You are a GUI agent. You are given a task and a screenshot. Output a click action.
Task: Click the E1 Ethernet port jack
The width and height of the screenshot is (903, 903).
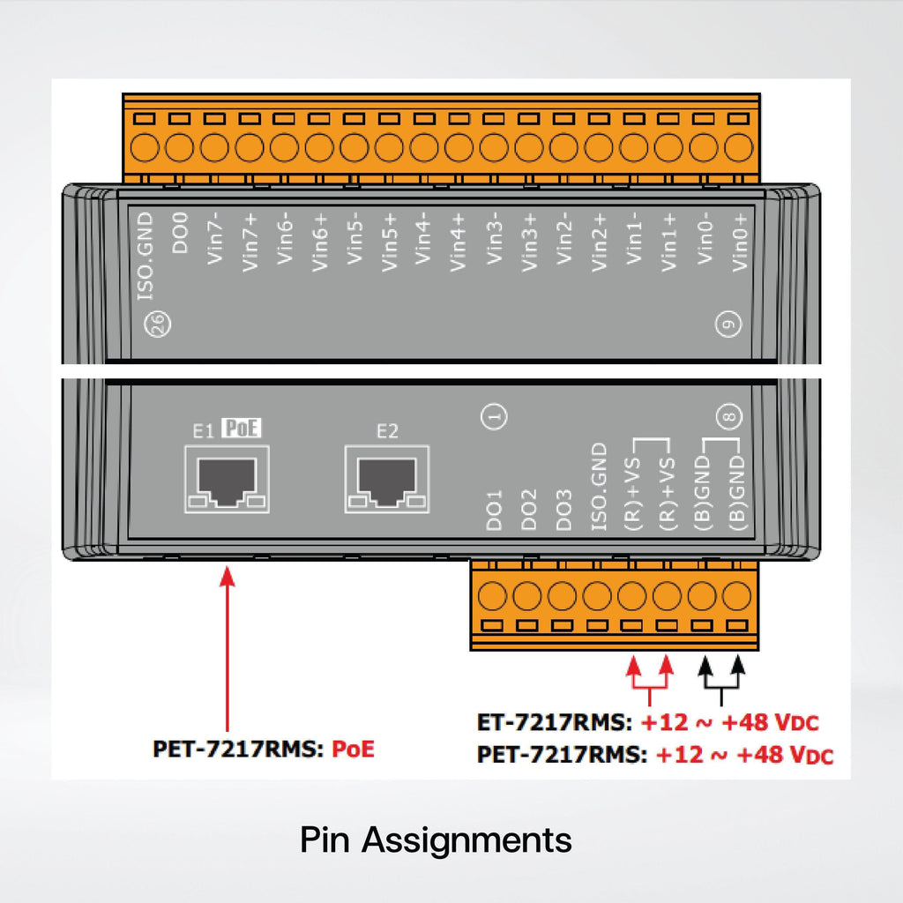(x=227, y=479)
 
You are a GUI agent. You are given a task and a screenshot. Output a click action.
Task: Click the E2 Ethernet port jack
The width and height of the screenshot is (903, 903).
(x=387, y=479)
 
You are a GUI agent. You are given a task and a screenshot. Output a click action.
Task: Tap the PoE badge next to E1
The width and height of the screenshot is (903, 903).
(x=242, y=428)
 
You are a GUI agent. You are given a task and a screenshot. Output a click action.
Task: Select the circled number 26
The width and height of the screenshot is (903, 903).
(x=157, y=324)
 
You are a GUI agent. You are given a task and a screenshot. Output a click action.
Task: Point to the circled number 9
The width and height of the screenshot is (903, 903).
(x=728, y=324)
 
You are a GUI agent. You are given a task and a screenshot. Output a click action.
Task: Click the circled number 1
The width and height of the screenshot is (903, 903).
(x=494, y=416)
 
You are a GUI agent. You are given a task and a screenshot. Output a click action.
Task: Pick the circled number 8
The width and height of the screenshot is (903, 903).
(x=729, y=416)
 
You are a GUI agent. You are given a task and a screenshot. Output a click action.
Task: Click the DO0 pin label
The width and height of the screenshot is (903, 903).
(x=180, y=233)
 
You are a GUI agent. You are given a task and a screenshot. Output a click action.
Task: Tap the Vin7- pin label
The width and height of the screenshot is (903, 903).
(x=215, y=238)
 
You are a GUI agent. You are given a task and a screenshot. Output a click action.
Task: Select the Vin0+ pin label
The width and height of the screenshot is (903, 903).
(x=740, y=242)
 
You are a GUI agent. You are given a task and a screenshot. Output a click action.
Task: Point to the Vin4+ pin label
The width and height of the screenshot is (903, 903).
(x=458, y=242)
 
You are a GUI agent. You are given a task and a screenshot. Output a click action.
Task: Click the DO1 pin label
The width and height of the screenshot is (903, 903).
(x=494, y=511)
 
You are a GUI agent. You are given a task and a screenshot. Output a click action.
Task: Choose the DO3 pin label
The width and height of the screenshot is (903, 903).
(x=563, y=511)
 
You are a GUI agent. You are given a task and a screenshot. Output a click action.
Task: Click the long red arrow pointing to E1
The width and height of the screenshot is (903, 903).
(x=228, y=649)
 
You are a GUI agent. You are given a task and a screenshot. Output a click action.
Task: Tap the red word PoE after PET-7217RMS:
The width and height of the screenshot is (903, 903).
(x=353, y=749)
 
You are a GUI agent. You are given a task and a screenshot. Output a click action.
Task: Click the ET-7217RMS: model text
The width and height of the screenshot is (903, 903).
(x=555, y=722)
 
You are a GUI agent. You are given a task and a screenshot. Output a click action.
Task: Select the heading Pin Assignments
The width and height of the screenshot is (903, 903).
(x=436, y=840)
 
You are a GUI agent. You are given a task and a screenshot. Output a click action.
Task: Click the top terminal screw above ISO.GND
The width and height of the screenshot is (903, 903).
(x=145, y=147)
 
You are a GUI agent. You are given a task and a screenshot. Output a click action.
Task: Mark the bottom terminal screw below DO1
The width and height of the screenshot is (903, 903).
(x=492, y=595)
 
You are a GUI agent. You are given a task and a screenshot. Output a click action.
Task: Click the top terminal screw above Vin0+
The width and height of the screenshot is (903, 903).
(x=738, y=147)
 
